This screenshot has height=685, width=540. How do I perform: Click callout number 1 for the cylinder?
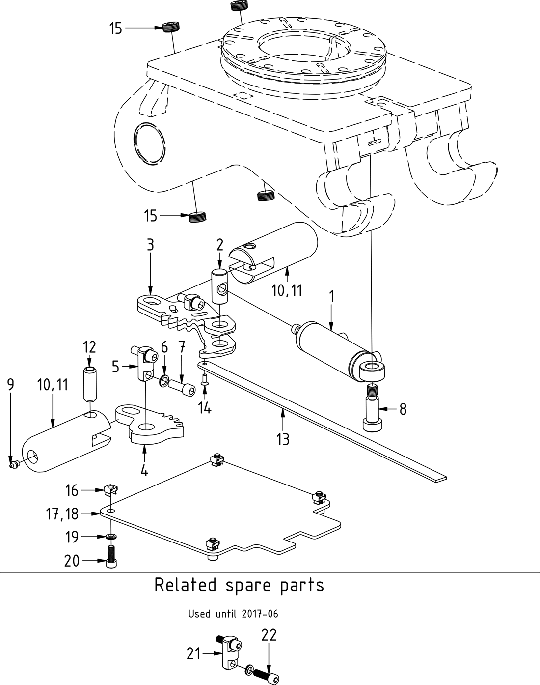(331, 297)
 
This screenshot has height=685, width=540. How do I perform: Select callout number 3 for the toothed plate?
(150, 244)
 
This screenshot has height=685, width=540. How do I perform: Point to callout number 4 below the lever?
(144, 470)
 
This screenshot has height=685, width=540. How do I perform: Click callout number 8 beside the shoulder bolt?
(403, 409)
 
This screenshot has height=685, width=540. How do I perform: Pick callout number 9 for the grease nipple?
(11, 385)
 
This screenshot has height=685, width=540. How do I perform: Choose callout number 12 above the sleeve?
(89, 347)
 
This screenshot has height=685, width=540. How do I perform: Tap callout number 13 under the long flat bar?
(283, 439)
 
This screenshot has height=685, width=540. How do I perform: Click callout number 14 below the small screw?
(205, 407)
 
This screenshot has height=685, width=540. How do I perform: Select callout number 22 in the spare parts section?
(269, 635)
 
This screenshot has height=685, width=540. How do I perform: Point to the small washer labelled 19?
(111, 536)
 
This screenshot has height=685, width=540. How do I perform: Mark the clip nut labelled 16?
(111, 489)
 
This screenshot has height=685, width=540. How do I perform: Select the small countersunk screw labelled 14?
(205, 379)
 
